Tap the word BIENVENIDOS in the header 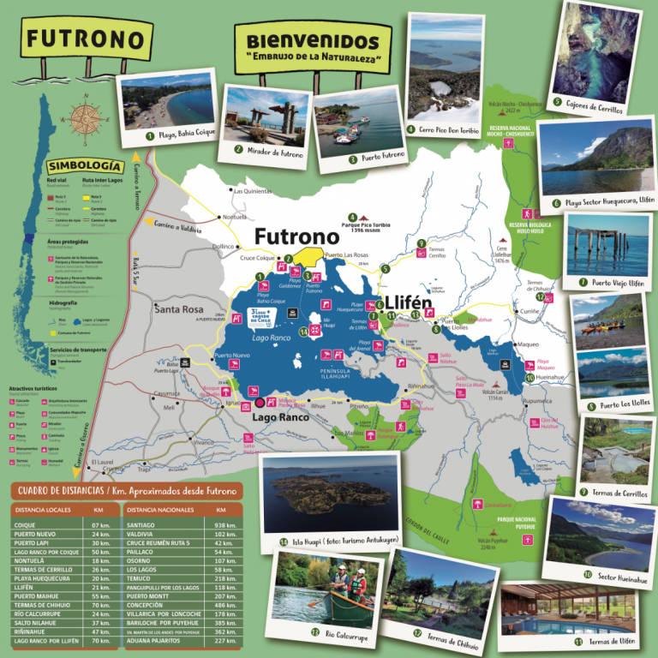click(312, 41)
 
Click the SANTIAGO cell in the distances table click(143, 525)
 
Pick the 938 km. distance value click(225, 525)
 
